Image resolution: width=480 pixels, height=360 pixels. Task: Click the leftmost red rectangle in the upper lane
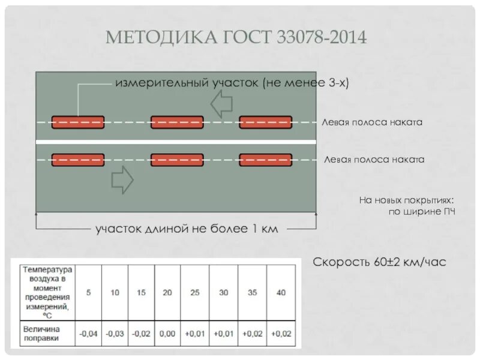point(78,122)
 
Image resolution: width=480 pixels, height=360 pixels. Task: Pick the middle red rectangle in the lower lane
point(177,160)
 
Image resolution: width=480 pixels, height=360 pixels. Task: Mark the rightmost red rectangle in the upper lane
point(266,122)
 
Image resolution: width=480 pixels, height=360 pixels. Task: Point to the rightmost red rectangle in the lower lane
point(266,160)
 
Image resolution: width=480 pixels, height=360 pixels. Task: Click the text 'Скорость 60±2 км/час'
point(380,262)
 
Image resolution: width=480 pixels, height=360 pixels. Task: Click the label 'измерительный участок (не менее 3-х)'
point(232,83)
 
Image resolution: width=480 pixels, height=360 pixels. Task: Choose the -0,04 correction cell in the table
point(88,334)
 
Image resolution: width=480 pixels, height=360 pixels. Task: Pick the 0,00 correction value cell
point(167,334)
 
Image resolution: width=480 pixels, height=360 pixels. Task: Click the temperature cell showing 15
point(141,293)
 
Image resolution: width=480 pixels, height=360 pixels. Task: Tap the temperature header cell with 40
point(281,293)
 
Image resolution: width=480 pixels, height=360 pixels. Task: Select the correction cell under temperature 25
point(195,334)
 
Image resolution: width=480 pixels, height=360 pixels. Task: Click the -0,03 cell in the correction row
point(115,334)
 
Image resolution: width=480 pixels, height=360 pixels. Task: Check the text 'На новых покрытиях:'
point(405,200)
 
